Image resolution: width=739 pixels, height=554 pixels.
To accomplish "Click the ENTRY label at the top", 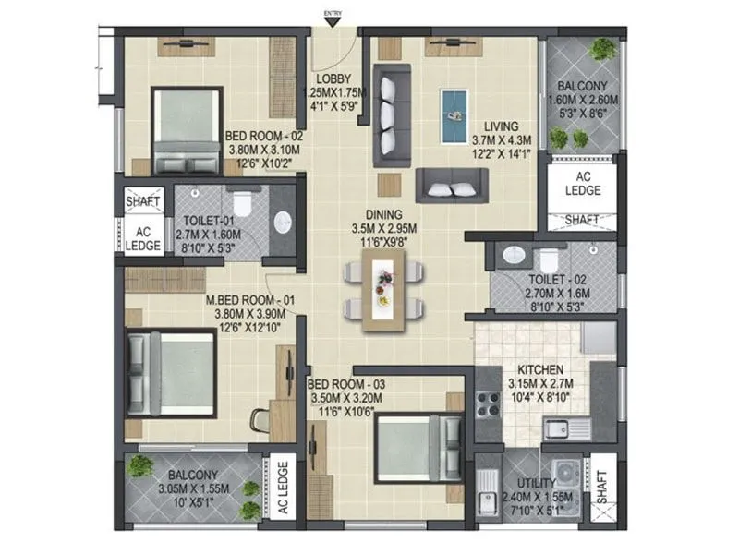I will point(331,13).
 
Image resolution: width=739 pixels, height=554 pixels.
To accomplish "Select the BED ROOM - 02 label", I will point(264,135).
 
